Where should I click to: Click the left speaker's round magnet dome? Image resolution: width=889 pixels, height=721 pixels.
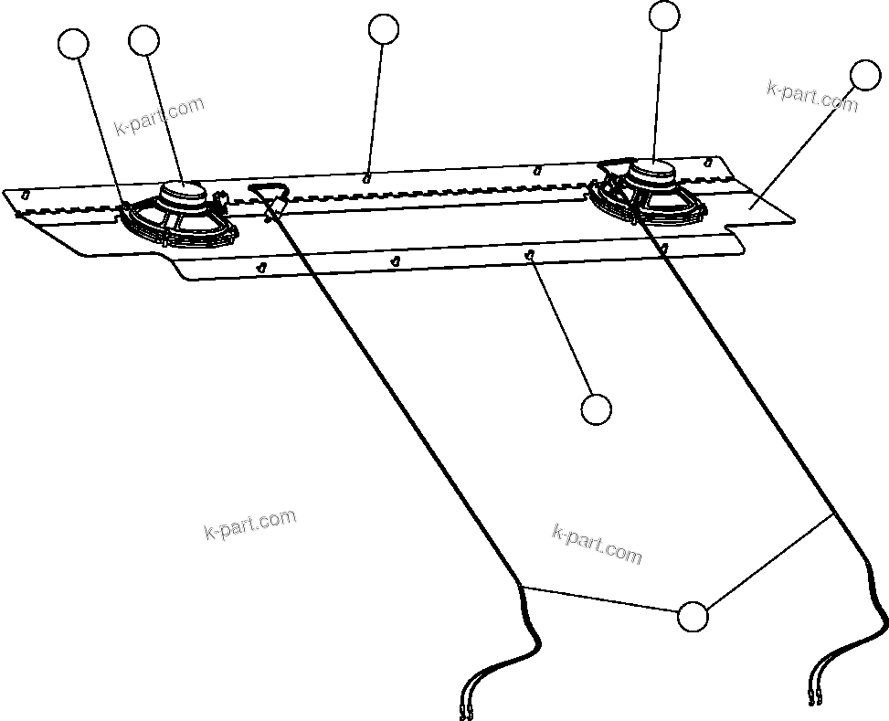[x=184, y=192]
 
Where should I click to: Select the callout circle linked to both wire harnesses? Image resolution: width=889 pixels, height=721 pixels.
[x=693, y=617]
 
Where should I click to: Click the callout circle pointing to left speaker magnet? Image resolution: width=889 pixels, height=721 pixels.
[x=144, y=40]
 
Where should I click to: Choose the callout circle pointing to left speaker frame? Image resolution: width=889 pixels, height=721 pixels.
[x=73, y=43]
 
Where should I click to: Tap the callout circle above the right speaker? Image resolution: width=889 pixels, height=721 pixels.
[x=664, y=15]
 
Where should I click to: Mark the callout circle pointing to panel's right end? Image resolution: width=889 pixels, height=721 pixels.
[x=864, y=75]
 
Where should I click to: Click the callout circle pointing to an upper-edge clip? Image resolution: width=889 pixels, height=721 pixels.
[x=384, y=29]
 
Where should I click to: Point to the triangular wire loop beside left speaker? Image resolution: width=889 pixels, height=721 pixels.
[x=268, y=194]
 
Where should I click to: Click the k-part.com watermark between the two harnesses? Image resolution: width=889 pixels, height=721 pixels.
[x=597, y=545]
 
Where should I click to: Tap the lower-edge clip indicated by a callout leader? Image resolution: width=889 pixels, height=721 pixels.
[x=530, y=256]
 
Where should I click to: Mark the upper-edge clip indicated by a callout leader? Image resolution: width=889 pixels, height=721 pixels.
[x=366, y=176]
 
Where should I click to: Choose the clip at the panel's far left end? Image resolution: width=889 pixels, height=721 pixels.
[x=26, y=195]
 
